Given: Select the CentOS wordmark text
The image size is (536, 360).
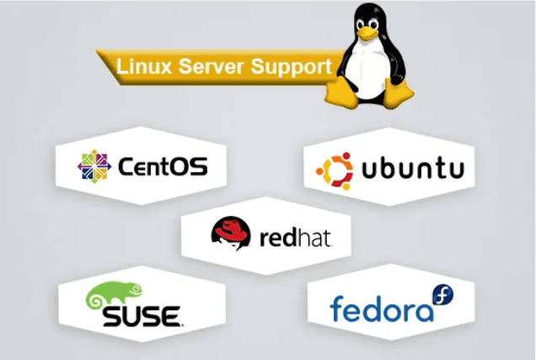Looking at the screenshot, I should [x=163, y=167].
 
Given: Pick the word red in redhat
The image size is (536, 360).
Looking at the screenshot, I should [x=276, y=238].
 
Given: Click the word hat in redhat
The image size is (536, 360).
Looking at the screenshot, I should [x=316, y=238].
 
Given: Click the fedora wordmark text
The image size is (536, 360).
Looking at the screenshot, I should [x=382, y=309].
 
